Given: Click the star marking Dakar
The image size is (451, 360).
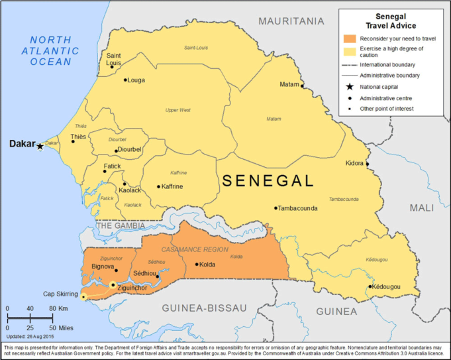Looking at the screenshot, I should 40,146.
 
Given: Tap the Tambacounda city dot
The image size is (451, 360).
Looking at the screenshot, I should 276,208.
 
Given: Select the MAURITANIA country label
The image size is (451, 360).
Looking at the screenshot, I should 291,21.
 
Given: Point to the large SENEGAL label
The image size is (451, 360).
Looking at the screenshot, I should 268,181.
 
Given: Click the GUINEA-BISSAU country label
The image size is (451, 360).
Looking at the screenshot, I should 204,308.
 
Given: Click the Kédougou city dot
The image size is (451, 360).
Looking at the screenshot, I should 370,286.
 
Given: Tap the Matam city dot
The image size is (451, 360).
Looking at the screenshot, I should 302,85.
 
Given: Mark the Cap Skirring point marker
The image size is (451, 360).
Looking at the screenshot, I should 83,296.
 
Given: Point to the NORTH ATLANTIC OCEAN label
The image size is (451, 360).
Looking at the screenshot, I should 50,50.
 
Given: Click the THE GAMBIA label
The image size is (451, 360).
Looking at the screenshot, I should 121,225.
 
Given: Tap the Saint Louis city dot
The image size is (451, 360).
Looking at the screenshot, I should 112,66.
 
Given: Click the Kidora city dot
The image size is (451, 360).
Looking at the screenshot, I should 368,164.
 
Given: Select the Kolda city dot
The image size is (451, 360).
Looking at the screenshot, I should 197,265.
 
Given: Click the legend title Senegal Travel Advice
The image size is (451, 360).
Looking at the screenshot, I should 391,21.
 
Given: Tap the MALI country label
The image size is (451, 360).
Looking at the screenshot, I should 422,208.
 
